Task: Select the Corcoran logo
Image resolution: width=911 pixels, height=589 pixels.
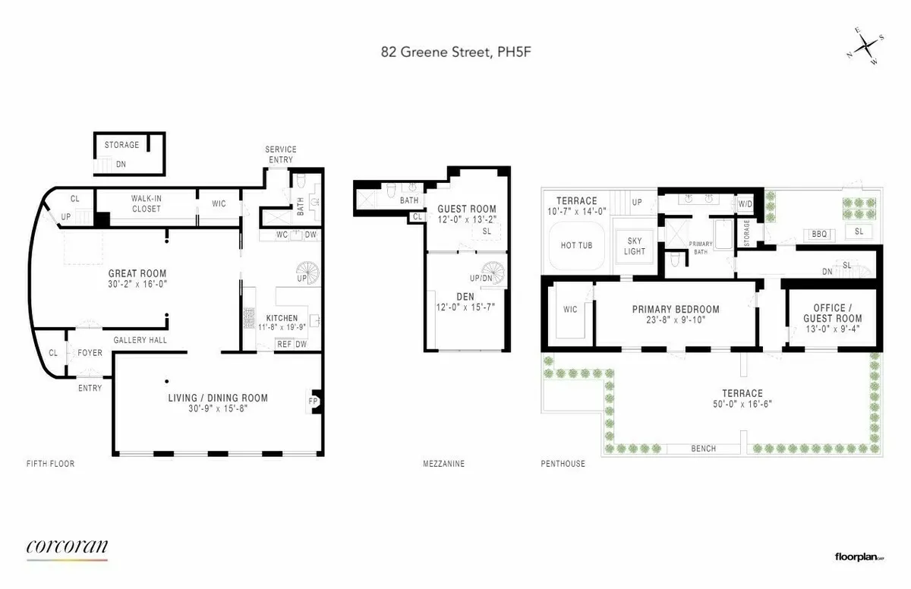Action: pyautogui.click(x=67, y=547)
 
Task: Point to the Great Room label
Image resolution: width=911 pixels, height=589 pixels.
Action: pyautogui.click(x=137, y=274)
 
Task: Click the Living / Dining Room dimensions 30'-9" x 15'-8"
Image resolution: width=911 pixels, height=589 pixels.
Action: pyautogui.click(x=217, y=408)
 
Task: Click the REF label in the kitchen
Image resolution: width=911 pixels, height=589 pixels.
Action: pyautogui.click(x=284, y=344)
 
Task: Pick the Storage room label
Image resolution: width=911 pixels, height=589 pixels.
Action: pyautogui.click(x=121, y=145)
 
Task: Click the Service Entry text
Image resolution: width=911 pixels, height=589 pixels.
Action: pyautogui.click(x=280, y=154)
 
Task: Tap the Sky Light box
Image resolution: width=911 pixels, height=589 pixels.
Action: pyautogui.click(x=635, y=246)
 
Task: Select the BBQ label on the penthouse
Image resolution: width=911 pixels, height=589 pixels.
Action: pyautogui.click(x=818, y=235)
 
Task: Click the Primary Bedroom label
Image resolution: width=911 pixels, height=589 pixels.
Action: pyautogui.click(x=676, y=310)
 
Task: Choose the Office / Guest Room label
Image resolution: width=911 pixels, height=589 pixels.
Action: pyautogui.click(x=827, y=313)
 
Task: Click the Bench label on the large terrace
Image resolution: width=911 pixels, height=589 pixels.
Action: pyautogui.click(x=703, y=449)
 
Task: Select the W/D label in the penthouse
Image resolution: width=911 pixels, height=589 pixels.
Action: pyautogui.click(x=745, y=203)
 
